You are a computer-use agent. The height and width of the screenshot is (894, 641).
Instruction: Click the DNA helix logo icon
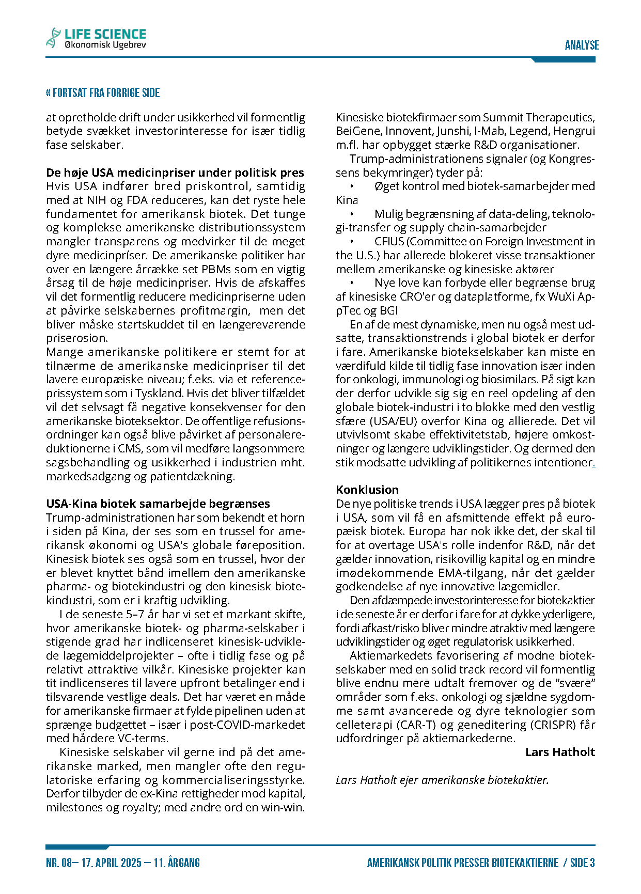click(53, 37)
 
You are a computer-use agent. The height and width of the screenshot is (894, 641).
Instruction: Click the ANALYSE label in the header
click(582, 45)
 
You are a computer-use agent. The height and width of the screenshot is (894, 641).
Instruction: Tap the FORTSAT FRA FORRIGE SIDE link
click(103, 93)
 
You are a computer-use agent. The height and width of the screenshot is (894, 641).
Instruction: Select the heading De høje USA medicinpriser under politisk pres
click(175, 172)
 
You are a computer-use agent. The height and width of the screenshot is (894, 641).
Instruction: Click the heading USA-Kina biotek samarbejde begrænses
click(158, 504)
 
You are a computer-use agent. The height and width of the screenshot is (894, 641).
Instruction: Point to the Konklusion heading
click(367, 490)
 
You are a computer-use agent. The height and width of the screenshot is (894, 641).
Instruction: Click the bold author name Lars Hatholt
click(560, 752)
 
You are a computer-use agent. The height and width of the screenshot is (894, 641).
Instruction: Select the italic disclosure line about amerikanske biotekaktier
click(442, 780)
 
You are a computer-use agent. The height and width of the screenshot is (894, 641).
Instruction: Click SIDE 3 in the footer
click(583, 863)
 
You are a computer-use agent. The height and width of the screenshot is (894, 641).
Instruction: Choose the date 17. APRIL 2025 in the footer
click(111, 863)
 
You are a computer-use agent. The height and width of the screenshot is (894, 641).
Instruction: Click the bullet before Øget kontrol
click(352, 186)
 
